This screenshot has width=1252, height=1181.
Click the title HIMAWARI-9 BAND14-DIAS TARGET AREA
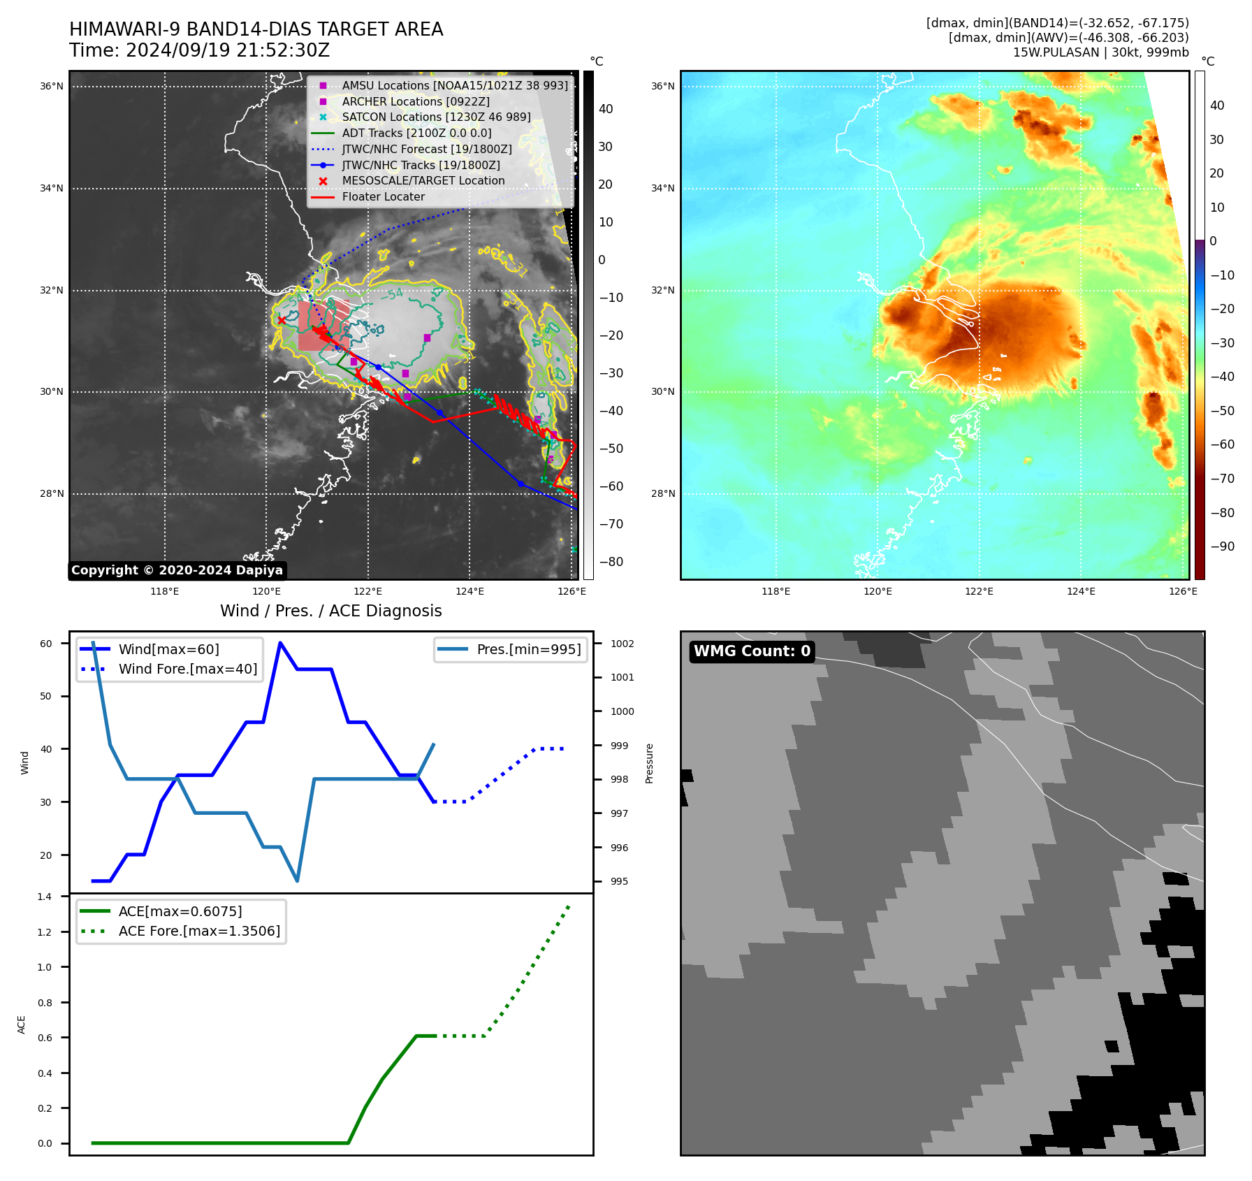pyautogui.click(x=256, y=29)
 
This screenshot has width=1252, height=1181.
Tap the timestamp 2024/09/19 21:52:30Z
pyautogui.click(x=228, y=50)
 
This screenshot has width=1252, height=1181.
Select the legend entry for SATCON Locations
pyautogui.click(x=436, y=117)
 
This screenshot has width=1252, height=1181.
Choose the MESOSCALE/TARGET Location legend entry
pyautogui.click(x=423, y=180)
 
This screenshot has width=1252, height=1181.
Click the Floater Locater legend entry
pyautogui.click(x=383, y=196)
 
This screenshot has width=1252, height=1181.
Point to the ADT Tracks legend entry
pyautogui.click(x=416, y=133)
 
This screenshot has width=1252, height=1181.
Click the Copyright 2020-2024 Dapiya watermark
pyautogui.click(x=177, y=570)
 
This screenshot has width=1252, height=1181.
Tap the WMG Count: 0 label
pyautogui.click(x=752, y=651)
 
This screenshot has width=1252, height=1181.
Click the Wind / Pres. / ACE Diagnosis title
pyautogui.click(x=330, y=611)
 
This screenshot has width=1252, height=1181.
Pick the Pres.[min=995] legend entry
pyautogui.click(x=528, y=649)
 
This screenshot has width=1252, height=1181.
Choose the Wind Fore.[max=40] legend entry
pyautogui.click(x=187, y=669)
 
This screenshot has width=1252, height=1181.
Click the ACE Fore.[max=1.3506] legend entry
pyautogui.click(x=199, y=931)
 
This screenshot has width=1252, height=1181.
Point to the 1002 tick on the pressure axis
pyautogui.click(x=622, y=644)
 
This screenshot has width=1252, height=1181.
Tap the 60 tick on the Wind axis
pyautogui.click(x=46, y=644)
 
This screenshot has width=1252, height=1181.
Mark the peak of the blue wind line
pyautogui.click(x=280, y=643)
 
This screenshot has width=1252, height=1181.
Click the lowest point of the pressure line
pyautogui.click(x=297, y=881)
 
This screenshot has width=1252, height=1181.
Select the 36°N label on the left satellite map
pyautogui.click(x=51, y=87)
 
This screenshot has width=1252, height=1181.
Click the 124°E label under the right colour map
pyautogui.click(x=1081, y=591)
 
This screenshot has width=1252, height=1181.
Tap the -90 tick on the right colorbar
pyautogui.click(x=1222, y=546)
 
